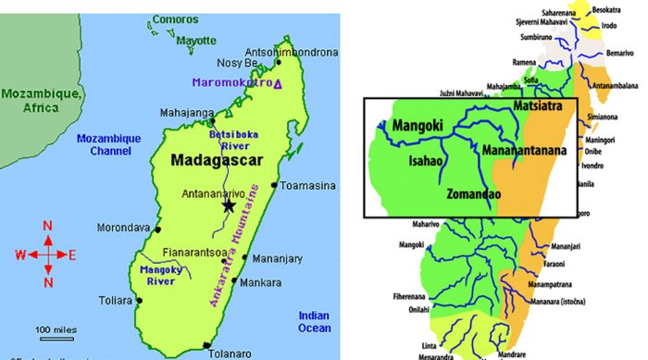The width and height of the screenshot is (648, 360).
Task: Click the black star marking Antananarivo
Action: tap(228, 205)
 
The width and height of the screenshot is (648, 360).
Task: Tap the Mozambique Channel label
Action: tap(107, 145)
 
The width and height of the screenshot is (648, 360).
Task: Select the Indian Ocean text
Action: tap(313, 321)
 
